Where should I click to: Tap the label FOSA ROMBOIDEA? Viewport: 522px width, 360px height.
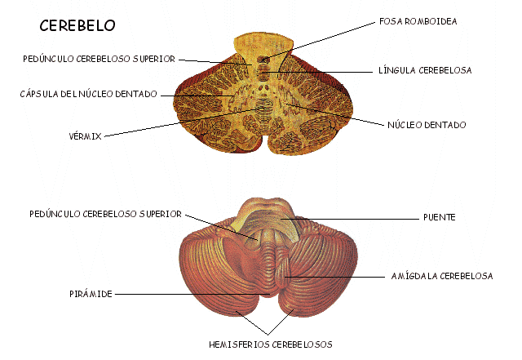pyautogui.click(x=418, y=21)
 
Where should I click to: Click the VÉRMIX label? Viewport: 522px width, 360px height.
pyautogui.click(x=85, y=136)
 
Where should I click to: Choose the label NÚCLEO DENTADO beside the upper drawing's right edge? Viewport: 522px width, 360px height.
pyautogui.click(x=427, y=126)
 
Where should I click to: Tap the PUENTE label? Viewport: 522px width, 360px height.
pyautogui.click(x=439, y=218)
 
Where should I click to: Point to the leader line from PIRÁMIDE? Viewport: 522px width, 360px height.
pyautogui.click(x=188, y=293)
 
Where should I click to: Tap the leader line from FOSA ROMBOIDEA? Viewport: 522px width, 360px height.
pyautogui.click(x=326, y=37)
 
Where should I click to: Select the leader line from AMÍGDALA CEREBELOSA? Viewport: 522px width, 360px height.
pyautogui.click(x=343, y=276)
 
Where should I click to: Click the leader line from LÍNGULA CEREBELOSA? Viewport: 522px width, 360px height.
pyautogui.click(x=326, y=72)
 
